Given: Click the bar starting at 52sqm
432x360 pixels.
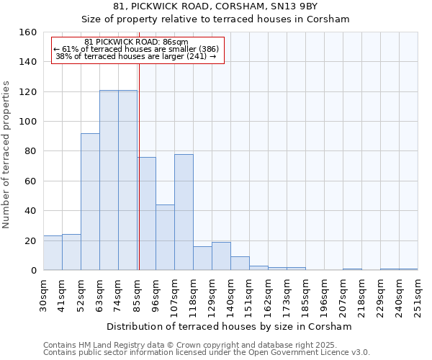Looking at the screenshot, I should coord(90,202).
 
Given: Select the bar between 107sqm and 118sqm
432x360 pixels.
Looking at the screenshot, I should coord(184,212).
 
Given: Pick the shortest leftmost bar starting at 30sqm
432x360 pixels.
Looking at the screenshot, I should coord(53,253).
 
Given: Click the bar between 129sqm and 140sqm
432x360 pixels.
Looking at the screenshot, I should coord(221,256).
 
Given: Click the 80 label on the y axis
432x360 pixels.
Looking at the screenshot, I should coord(31,151).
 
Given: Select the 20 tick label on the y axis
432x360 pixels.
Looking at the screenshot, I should coord(31,240).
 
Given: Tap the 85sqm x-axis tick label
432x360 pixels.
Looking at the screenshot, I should coord(137,295).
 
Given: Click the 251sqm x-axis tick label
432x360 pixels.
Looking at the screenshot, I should coord(418,295).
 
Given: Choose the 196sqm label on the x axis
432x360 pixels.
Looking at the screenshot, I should coord(324,295).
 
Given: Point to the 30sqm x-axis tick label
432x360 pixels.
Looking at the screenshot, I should coord(43,295).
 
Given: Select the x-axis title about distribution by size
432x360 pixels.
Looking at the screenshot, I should coord(229,326).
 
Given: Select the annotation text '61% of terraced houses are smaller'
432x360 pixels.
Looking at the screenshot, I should coord(136,49).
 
